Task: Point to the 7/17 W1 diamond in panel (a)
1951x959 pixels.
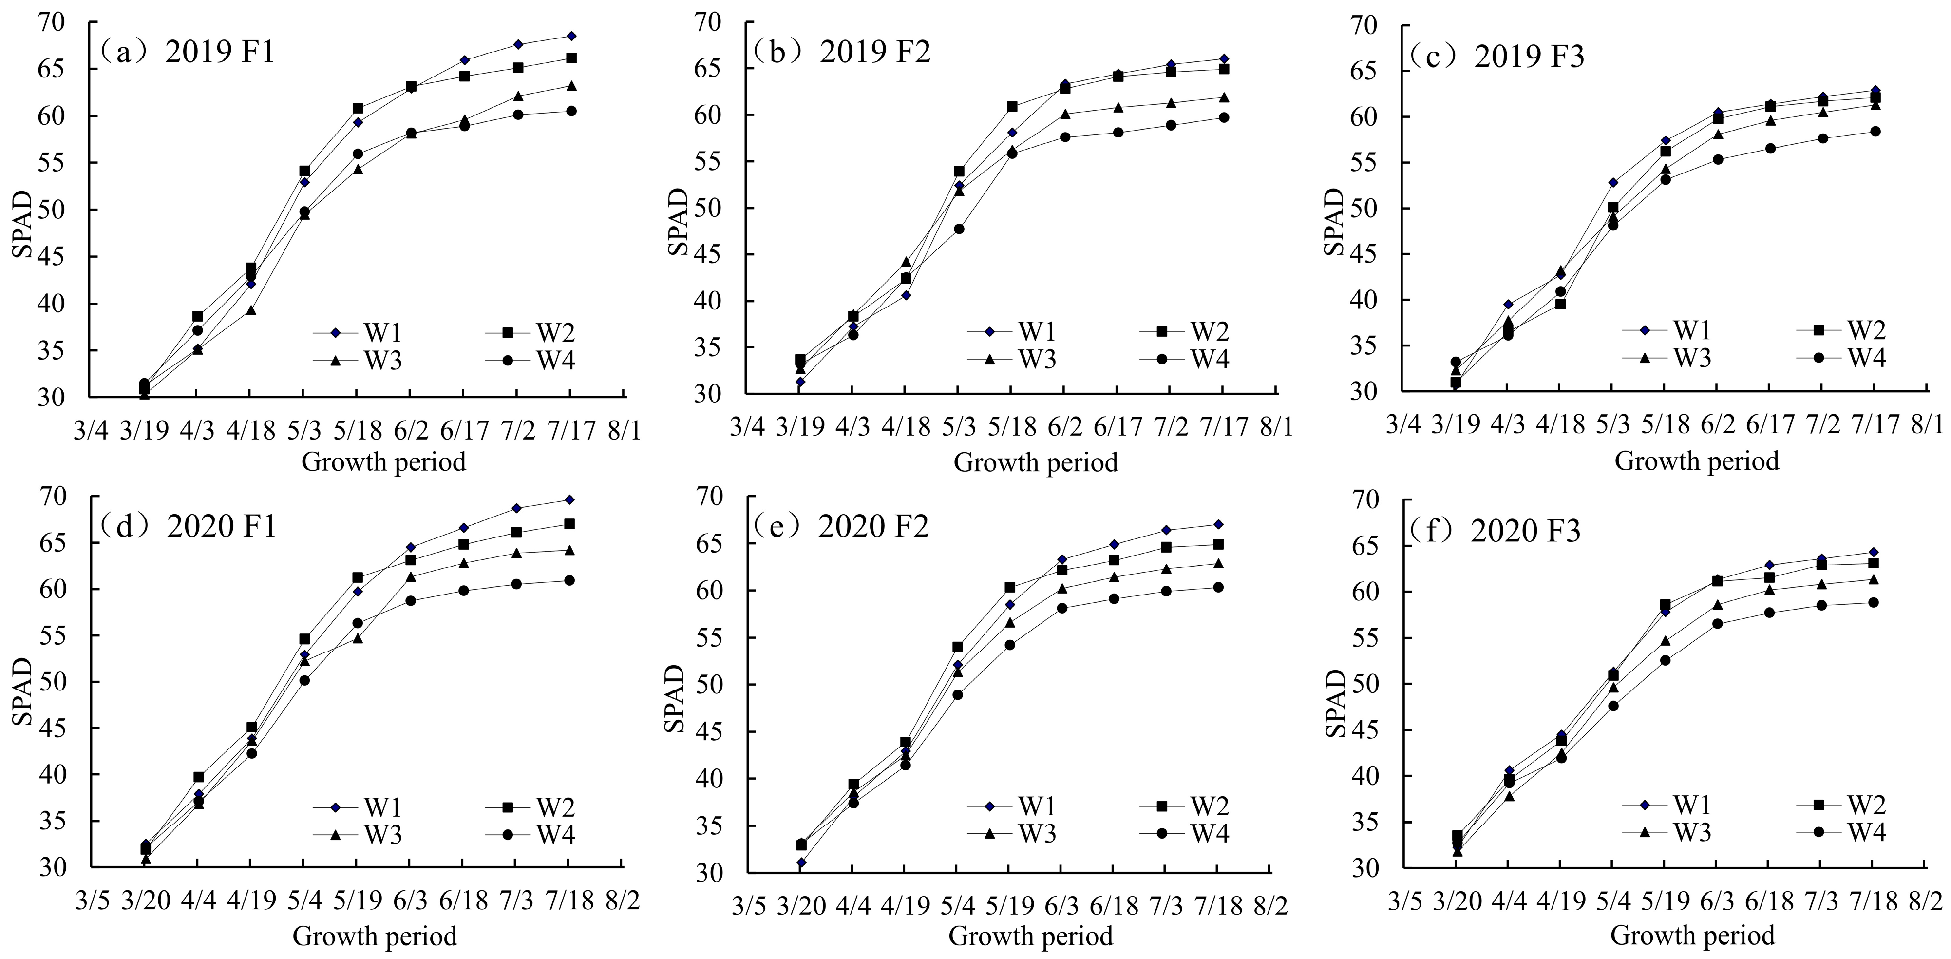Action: click(571, 36)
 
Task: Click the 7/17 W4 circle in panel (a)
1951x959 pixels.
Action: click(571, 111)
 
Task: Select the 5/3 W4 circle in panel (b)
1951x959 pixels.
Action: click(959, 229)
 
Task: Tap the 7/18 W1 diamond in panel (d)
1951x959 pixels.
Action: click(569, 499)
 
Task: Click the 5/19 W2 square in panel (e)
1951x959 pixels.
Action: click(1009, 587)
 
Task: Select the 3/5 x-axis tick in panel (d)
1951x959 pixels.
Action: click(93, 901)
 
